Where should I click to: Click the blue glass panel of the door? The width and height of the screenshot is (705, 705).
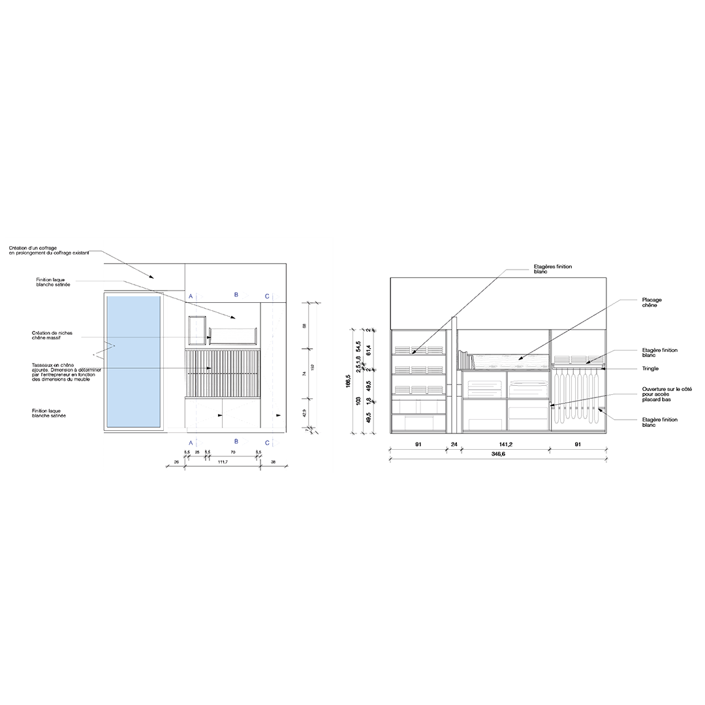point(133,362)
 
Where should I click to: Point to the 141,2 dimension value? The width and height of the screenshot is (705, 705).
point(505,445)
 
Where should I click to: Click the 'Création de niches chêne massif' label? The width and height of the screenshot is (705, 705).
point(52,336)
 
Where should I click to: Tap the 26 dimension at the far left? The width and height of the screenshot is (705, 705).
point(176,462)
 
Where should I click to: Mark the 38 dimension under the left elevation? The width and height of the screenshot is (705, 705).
point(273,462)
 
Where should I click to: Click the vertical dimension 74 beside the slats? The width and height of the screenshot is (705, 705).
point(305,374)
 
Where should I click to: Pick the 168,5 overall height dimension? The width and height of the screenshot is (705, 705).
point(349,380)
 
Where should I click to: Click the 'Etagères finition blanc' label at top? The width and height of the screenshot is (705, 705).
point(552,269)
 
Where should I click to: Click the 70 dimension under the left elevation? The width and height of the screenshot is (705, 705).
point(233,452)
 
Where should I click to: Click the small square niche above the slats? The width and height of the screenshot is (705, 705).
point(197,330)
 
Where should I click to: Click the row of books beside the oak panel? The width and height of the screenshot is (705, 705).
point(465,360)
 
